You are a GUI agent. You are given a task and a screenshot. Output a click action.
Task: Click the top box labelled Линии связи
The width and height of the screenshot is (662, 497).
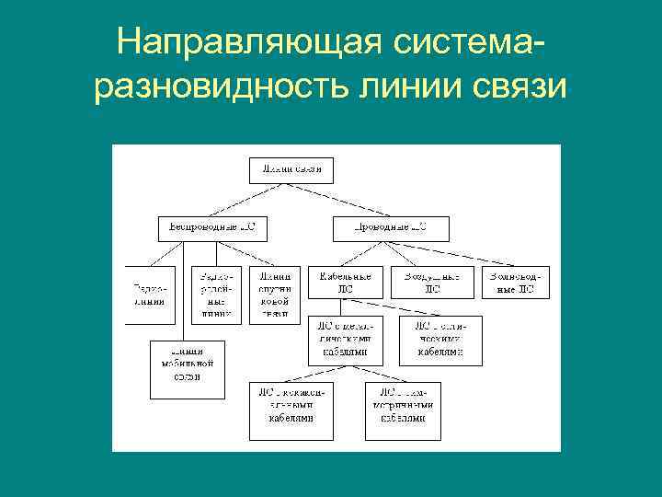click(291, 170)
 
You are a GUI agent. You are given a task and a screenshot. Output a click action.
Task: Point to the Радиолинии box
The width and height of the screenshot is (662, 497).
click(151, 295)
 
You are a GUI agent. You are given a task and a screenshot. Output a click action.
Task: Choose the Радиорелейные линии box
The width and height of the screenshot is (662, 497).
click(212, 295)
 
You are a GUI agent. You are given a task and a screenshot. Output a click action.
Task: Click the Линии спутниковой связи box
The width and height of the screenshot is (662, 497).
click(275, 295)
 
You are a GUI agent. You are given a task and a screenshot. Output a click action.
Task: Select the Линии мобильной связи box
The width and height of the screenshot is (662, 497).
click(188, 369)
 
